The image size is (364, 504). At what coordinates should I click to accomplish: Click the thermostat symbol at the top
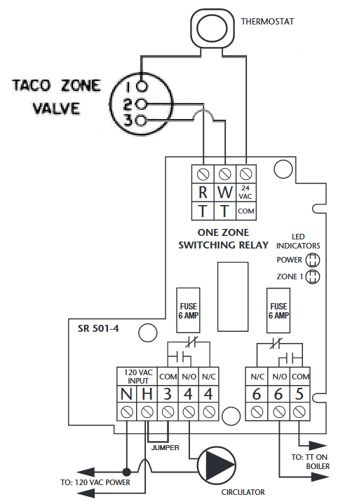[212, 27]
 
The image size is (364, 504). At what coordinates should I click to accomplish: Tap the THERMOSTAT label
[267, 22]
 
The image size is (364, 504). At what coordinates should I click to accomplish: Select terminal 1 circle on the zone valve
[142, 87]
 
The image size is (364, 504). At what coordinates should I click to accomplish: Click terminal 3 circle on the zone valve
[142, 120]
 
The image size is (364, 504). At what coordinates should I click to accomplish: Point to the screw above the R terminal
[203, 174]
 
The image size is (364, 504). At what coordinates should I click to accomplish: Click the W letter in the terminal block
[225, 192]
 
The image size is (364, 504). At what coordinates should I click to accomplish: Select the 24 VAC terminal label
[245, 192]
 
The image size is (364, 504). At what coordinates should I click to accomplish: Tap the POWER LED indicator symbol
[313, 260]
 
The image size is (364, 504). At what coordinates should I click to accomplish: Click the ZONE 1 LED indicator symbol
[313, 276]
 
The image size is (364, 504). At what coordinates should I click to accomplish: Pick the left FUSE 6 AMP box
[189, 310]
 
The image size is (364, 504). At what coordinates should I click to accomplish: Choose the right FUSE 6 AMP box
[278, 310]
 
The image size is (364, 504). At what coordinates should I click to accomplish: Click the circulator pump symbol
[217, 465]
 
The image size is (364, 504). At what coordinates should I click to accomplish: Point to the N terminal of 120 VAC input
[126, 394]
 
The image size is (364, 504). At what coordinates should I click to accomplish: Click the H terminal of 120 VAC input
[147, 394]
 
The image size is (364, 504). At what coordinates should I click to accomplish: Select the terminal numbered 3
[168, 394]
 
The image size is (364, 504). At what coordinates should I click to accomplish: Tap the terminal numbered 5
[299, 394]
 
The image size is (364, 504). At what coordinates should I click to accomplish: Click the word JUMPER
[166, 448]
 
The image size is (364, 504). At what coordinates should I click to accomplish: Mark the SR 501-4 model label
[98, 328]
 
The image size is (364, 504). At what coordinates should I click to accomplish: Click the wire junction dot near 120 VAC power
[127, 472]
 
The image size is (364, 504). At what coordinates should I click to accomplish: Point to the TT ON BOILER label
[310, 461]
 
